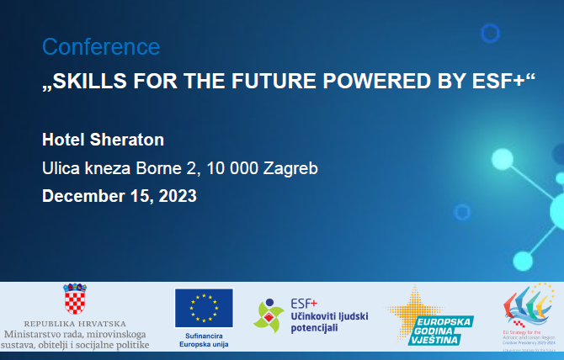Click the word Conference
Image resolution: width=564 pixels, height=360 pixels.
click(x=101, y=47)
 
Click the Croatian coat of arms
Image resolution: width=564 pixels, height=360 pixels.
click(x=76, y=299)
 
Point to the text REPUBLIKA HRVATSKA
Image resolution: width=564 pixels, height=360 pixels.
click(x=76, y=324)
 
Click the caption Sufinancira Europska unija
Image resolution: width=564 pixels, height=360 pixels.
click(x=204, y=340)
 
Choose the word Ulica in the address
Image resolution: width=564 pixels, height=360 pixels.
click(x=61, y=168)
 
